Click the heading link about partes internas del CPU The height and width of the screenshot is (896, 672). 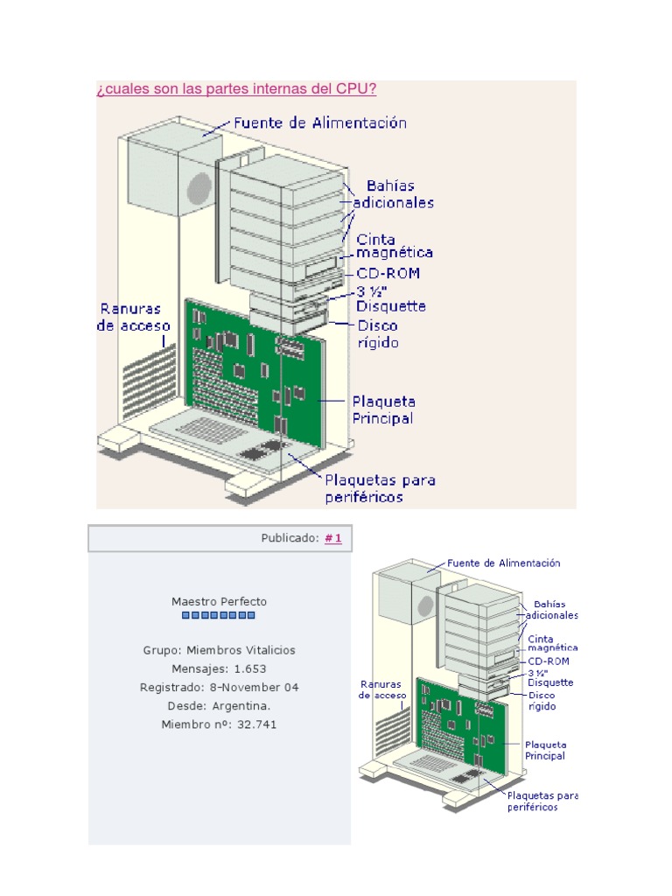pos(236,89)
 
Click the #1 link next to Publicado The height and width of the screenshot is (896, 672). pos(332,539)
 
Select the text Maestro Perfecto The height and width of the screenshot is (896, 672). pos(219,602)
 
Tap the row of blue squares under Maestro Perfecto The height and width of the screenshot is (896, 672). pos(219,615)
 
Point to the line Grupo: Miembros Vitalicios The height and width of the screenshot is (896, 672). pos(219,650)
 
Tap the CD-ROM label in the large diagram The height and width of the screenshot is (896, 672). pos(388,273)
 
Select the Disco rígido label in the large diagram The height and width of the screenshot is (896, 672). pos(378,334)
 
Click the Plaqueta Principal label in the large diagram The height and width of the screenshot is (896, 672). pos(383,409)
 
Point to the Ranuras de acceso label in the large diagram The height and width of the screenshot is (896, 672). pos(129,317)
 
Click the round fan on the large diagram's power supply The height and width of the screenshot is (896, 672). pos(199,189)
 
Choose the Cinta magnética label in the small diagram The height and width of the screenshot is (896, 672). pos(552,644)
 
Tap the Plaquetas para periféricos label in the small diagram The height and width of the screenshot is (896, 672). pos(542,801)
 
